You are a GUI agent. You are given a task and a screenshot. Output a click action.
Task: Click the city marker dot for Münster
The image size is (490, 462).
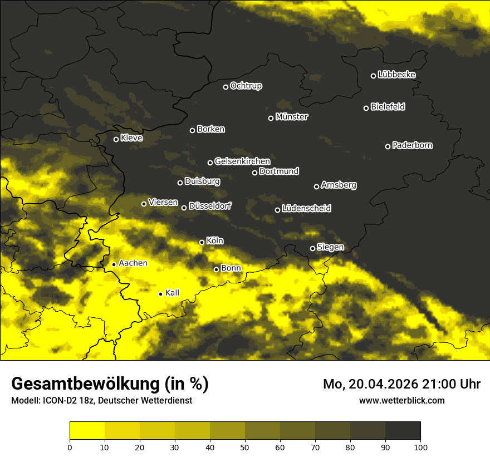point(271,118)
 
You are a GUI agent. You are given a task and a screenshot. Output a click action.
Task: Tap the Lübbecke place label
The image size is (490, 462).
point(396,75)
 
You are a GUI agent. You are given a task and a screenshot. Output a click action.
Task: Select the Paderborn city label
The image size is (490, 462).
point(412,145)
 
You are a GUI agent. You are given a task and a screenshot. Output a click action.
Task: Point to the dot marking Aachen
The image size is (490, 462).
point(114,264)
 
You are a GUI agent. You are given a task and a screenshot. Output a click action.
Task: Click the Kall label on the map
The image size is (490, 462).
point(173,293)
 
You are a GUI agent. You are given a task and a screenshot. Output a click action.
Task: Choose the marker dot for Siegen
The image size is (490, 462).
point(312,248)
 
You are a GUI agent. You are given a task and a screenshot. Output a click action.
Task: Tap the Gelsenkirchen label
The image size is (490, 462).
point(242,161)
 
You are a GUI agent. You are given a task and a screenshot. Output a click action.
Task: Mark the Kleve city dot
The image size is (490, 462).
point(116,139)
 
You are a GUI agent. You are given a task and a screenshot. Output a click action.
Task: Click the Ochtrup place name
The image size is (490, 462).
point(246,86)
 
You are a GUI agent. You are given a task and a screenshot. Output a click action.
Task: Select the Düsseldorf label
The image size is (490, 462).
point(209,206)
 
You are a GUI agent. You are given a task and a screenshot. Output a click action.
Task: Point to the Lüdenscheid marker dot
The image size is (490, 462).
point(278,210)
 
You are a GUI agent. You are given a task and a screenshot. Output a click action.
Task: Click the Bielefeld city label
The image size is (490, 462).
point(388,106)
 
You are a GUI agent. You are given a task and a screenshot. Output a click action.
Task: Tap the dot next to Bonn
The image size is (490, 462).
point(217,269)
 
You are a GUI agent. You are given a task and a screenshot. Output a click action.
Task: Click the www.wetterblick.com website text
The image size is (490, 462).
point(401,400)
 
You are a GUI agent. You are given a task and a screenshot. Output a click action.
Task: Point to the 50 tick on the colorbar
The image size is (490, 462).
point(245,446)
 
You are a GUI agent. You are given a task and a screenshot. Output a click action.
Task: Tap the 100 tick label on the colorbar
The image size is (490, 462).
point(420,446)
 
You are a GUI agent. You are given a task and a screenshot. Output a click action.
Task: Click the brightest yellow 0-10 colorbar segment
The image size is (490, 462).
point(87,431)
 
